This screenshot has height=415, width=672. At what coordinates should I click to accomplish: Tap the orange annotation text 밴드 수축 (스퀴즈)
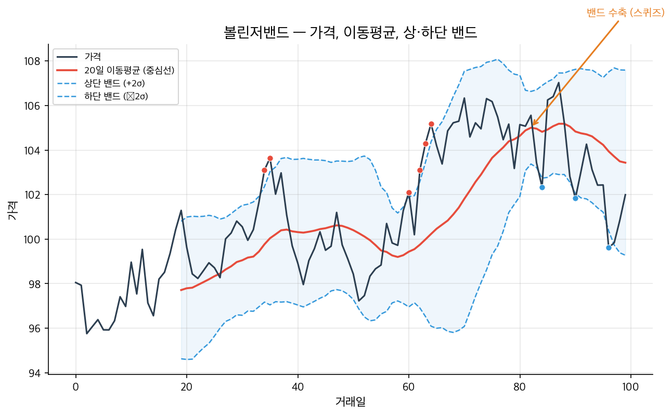click(625, 13)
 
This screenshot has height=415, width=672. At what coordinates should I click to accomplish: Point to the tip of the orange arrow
click(532, 126)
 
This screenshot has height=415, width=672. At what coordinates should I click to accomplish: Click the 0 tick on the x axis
click(76, 387)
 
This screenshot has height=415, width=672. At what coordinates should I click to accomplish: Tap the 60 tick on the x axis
click(409, 387)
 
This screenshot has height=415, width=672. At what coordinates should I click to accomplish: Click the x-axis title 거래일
click(350, 401)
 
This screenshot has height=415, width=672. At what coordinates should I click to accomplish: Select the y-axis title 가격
click(11, 210)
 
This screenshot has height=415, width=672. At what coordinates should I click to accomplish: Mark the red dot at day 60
click(409, 193)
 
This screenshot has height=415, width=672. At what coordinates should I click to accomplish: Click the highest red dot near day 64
click(431, 124)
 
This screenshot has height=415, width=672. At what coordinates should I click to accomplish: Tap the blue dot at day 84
click(542, 187)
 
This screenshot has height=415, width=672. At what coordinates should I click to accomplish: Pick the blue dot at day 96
click(609, 248)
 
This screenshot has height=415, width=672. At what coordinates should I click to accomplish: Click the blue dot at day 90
click(575, 198)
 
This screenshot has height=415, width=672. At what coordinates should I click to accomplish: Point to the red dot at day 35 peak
click(270, 158)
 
